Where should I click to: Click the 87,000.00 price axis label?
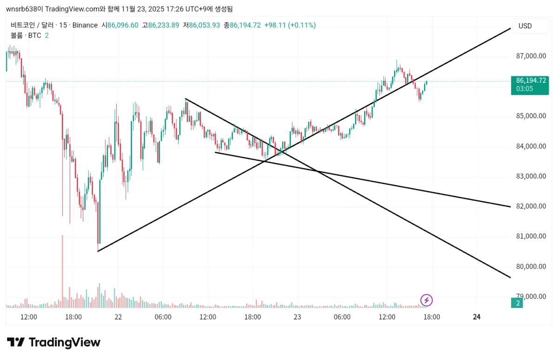coord(531,56)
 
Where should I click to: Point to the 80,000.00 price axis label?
coord(531,267)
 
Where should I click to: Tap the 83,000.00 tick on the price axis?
coord(531,176)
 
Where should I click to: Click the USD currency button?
coord(525,26)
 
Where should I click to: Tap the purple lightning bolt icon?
coord(426,300)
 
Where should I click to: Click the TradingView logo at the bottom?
coord(53,343)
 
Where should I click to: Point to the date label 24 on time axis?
coord(476,317)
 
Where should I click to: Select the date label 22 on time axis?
coord(118,317)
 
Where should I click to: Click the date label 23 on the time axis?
coord(297,317)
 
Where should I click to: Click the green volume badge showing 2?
coord(517,303)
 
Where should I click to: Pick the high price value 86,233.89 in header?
coord(163,25)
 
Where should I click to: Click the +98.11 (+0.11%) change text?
coord(290,25)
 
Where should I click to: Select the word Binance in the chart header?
coord(85,25)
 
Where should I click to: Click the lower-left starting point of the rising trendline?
coord(98,251)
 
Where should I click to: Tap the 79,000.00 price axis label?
coord(531,296)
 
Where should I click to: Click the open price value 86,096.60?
coord(123,25)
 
